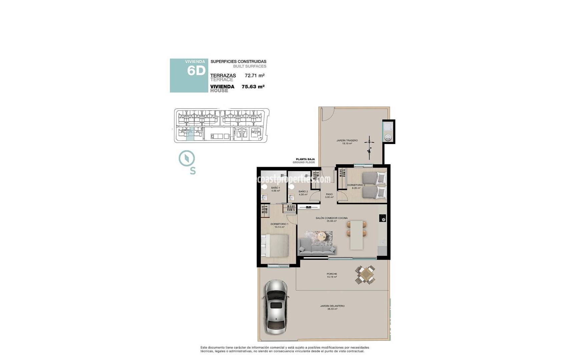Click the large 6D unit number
tap(196, 71)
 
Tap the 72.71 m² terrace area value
tap(254, 76)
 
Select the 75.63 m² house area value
tap(253, 87)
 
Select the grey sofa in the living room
tap(318, 246)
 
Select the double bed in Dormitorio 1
tap(275, 245)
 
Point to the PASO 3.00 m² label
tap(329, 195)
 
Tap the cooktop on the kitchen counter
tap(383, 218)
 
